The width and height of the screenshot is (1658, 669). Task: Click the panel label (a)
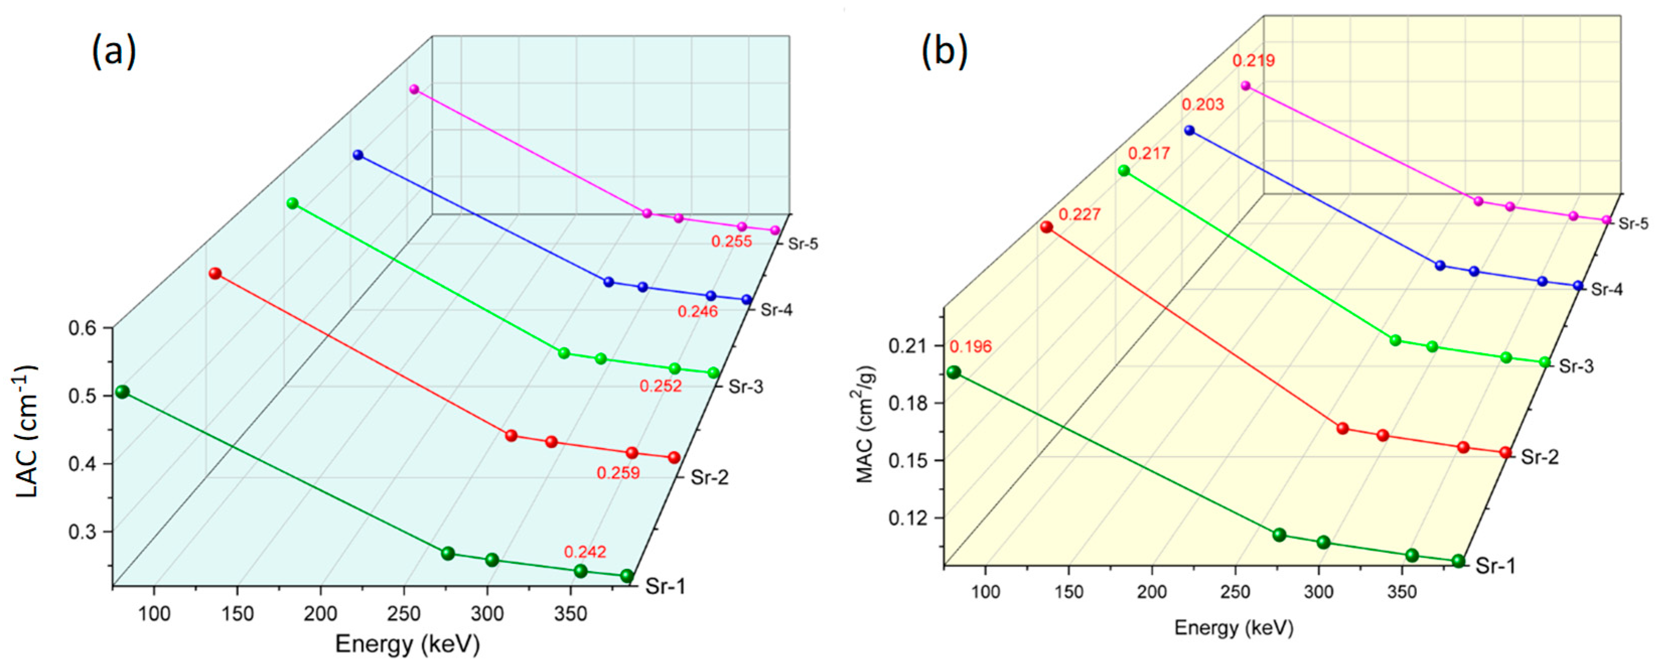(x=114, y=51)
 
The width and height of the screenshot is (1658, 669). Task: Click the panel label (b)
(x=944, y=51)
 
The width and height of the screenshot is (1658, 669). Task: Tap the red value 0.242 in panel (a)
(x=585, y=552)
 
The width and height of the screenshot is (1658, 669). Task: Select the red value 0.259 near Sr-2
(x=618, y=473)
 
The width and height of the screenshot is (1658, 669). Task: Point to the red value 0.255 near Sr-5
(x=731, y=242)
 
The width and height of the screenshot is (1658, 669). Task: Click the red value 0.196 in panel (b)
(x=970, y=347)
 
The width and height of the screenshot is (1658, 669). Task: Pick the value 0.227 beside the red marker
(x=1079, y=214)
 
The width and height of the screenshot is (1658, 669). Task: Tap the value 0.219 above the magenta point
(x=1253, y=61)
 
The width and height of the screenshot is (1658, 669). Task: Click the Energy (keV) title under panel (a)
(x=407, y=644)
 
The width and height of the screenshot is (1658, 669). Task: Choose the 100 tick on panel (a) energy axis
(x=155, y=614)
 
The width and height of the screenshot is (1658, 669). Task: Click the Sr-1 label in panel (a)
(x=664, y=586)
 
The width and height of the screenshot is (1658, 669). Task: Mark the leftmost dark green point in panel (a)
(x=122, y=392)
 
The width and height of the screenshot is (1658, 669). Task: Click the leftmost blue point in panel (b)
(x=1189, y=131)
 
